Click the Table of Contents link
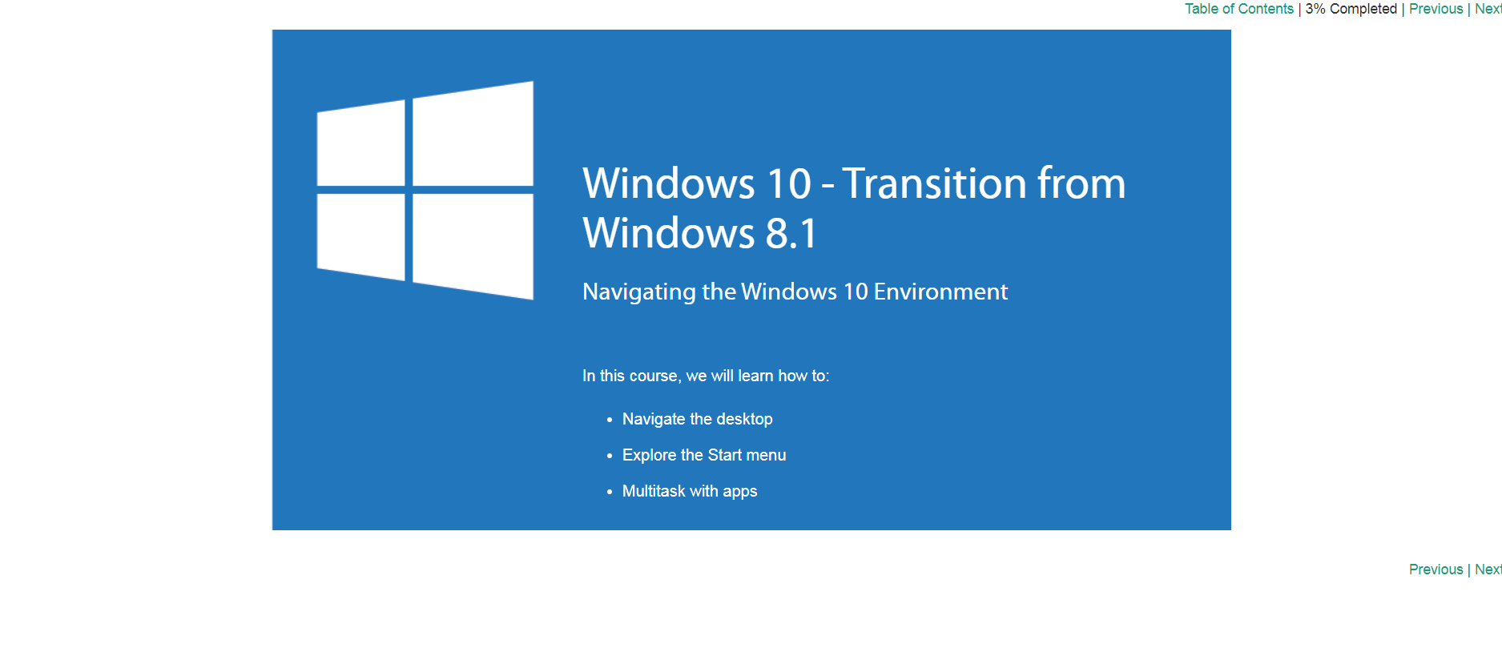(x=1239, y=9)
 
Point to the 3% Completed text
(x=1351, y=9)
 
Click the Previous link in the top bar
(x=1436, y=9)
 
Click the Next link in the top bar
(x=1488, y=9)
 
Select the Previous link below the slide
(x=1436, y=569)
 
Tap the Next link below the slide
(x=1488, y=569)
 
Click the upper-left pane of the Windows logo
(x=361, y=144)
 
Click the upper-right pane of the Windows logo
(x=473, y=135)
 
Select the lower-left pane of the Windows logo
(x=361, y=236)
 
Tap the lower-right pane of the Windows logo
(x=473, y=245)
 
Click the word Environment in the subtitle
(x=940, y=292)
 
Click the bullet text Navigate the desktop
(x=698, y=419)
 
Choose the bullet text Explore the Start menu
(x=704, y=455)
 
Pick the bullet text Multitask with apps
(x=690, y=491)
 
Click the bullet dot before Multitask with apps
(x=610, y=492)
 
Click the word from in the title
(x=1081, y=183)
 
